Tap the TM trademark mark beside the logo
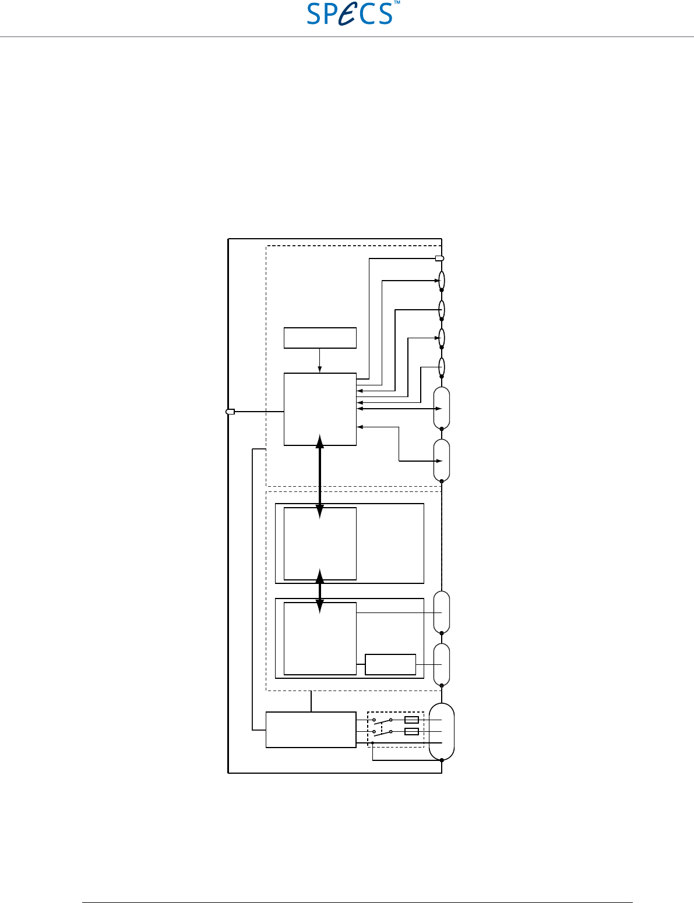397,2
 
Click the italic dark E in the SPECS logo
348,14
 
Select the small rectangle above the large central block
320,338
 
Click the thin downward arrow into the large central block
319,360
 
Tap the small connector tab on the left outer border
230,412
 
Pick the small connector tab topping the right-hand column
439,258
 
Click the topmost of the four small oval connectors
442,280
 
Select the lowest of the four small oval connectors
442,367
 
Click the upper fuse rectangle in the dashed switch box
411,720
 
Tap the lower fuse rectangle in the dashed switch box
411,731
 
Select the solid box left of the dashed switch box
311,730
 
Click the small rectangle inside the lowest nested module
390,664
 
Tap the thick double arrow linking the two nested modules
320,592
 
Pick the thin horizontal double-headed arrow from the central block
399,409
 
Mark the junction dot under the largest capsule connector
442,760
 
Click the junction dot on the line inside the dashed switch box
372,742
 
